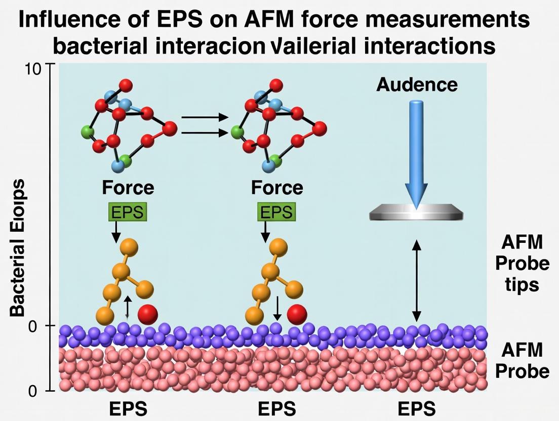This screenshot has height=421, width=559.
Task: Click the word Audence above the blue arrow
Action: [417, 85]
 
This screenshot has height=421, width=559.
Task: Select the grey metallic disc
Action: [416, 213]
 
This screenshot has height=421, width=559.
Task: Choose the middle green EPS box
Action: [276, 212]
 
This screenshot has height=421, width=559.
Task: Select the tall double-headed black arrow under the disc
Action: [416, 281]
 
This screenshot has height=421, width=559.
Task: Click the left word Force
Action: [128, 188]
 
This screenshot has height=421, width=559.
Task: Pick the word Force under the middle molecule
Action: [277, 188]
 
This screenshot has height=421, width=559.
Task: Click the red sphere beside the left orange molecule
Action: [148, 315]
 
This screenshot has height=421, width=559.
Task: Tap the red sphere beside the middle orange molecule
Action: [297, 315]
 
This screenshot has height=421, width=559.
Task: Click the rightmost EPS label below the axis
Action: [416, 408]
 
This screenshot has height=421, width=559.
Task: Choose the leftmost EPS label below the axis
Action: [128, 408]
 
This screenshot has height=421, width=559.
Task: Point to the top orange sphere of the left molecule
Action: [129, 247]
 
